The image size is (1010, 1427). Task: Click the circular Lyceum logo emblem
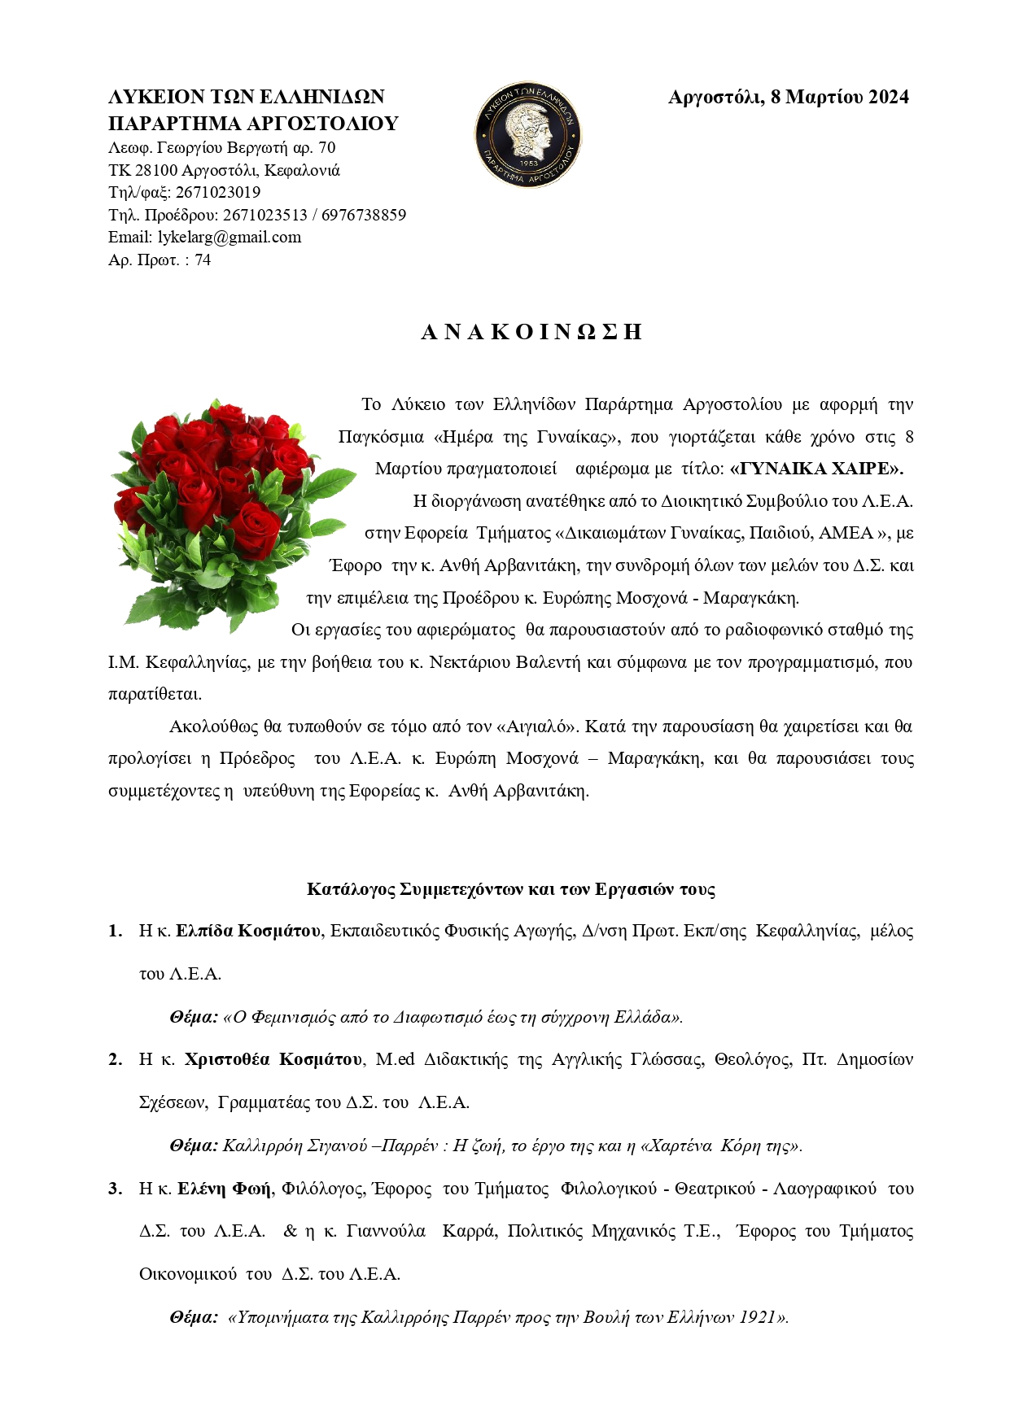coord(528,133)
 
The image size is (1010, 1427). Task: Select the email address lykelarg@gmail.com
coord(230,238)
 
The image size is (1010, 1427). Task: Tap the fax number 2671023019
coord(217,193)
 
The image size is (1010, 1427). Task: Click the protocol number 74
coord(203,260)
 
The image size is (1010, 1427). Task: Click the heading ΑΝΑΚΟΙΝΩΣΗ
coord(531,332)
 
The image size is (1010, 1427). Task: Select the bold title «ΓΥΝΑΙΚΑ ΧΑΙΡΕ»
coord(817,469)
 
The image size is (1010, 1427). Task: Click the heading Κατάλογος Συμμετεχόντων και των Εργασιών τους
coord(511,889)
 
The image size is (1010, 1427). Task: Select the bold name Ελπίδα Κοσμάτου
coord(248,931)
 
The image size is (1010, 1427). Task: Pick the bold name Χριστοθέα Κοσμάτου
coord(273,1059)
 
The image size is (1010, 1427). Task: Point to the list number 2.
coord(116,1059)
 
